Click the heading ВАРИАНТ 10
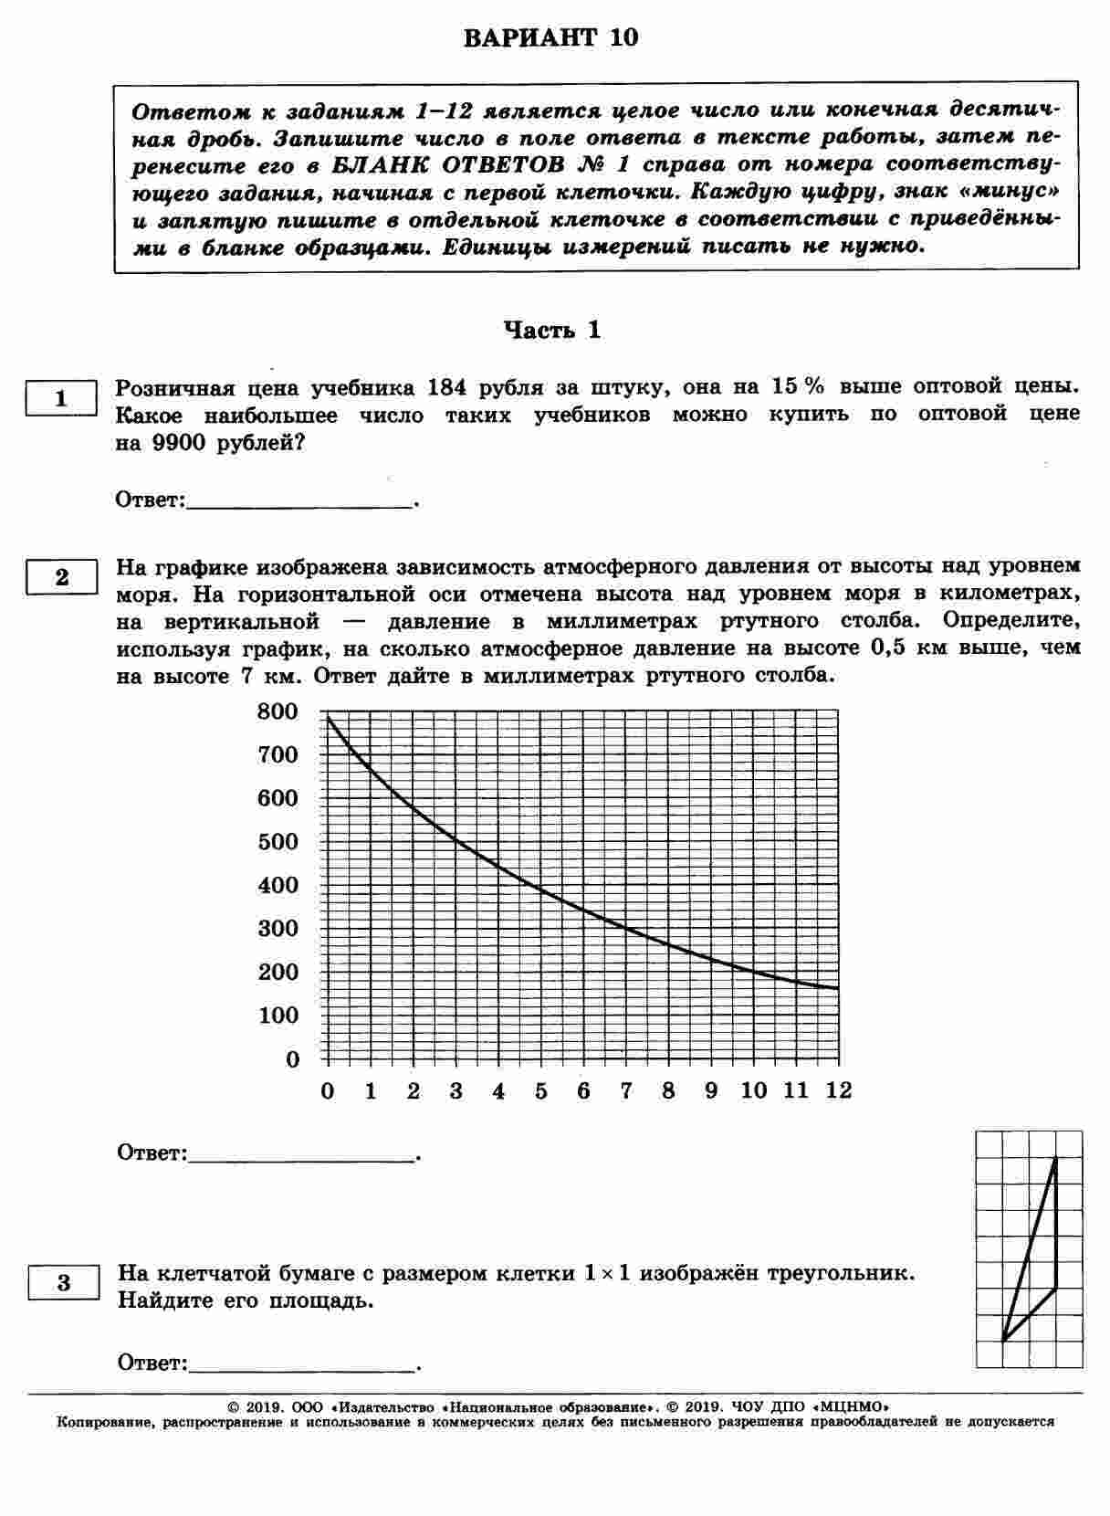550,38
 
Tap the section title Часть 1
553,331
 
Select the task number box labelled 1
61,399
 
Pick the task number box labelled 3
63,1283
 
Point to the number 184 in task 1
447,388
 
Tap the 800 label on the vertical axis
278,711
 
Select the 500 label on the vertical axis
278,842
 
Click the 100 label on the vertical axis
278,1016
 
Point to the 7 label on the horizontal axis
626,1090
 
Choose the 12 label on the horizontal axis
837,1090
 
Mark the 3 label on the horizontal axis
456,1090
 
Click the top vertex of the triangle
1055,1158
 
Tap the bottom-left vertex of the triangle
1003,1340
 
